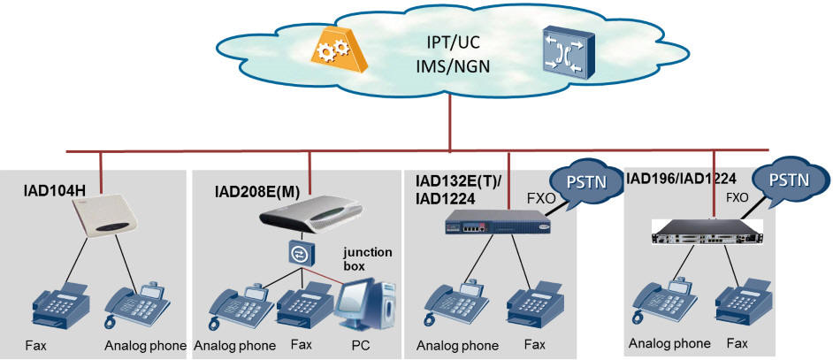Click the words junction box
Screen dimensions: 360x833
pyautogui.click(x=367, y=258)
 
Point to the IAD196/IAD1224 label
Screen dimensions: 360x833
pyautogui.click(x=682, y=180)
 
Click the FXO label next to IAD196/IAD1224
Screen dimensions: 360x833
pyautogui.click(x=737, y=200)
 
